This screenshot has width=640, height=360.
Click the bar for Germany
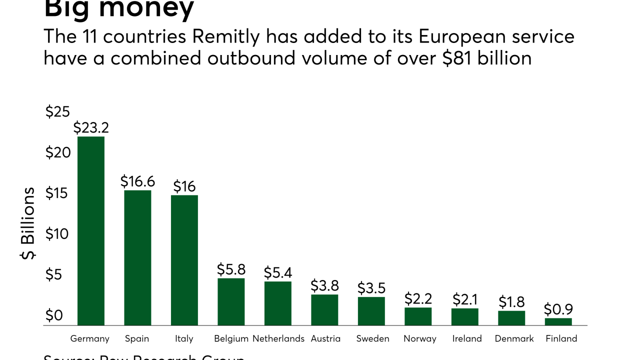pos(91,231)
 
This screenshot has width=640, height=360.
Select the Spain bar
pos(137,257)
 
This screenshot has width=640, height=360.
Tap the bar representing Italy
pos(184,260)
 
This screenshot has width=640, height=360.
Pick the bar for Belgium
pos(231,301)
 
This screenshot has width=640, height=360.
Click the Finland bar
pos(558,321)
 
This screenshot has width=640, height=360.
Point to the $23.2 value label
pos(91,128)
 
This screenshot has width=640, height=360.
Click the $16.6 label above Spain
pos(137,181)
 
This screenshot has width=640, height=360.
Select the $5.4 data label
pos(278,273)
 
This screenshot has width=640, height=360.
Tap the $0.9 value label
pos(558,309)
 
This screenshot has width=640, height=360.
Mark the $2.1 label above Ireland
pos(465,299)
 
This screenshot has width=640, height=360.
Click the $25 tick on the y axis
pos(57,112)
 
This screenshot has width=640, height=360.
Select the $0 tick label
pos(54,315)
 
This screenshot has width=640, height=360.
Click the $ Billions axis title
pos(28,223)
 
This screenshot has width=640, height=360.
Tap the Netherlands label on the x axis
pos(278,338)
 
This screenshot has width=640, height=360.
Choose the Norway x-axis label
pos(419,338)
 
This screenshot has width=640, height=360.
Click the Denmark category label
pos(514,338)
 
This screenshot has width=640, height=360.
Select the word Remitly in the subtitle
pos(233,37)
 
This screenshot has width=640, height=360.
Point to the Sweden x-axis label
pos(372,338)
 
